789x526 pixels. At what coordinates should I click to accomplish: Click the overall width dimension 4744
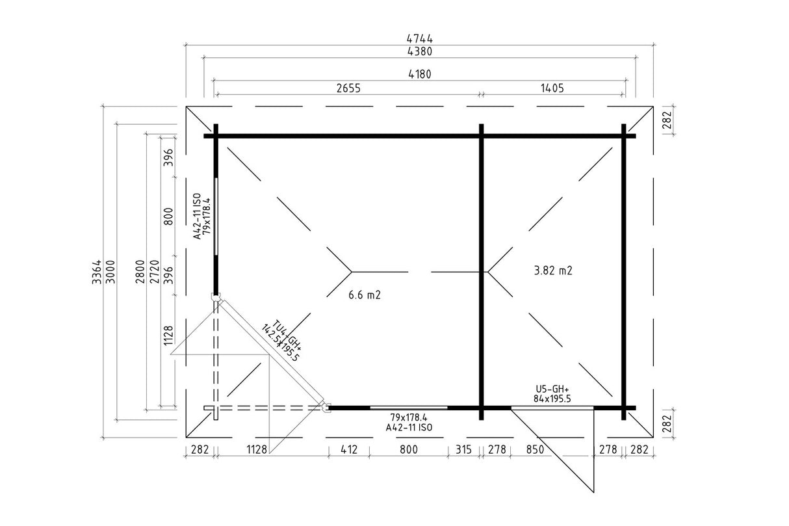(x=419, y=38)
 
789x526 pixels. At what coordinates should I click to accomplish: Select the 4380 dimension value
(x=419, y=51)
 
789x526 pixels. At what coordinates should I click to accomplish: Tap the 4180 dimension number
(x=419, y=74)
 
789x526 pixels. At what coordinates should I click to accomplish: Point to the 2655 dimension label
(x=348, y=88)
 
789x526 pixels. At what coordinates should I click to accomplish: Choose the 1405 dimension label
(x=552, y=88)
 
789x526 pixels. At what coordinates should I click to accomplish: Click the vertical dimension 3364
(x=96, y=272)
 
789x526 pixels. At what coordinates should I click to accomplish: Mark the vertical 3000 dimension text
(x=110, y=272)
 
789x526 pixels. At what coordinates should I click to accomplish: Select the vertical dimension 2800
(x=140, y=272)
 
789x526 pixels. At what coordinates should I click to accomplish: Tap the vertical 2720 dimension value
(x=154, y=272)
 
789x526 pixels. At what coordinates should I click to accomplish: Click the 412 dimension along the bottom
(x=349, y=449)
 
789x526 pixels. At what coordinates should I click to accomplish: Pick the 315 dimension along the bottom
(x=463, y=449)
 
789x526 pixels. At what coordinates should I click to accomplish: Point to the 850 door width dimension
(x=535, y=449)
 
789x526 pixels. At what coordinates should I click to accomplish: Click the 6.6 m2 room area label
(x=365, y=295)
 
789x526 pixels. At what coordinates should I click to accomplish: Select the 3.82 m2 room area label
(x=553, y=270)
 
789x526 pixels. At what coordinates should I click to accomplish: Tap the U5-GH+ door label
(x=552, y=389)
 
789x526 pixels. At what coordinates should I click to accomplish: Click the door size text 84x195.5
(x=552, y=399)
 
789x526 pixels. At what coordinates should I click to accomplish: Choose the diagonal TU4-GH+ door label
(x=287, y=335)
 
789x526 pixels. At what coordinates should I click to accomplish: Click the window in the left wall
(x=216, y=217)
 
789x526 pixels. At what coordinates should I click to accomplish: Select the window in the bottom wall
(x=409, y=408)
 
